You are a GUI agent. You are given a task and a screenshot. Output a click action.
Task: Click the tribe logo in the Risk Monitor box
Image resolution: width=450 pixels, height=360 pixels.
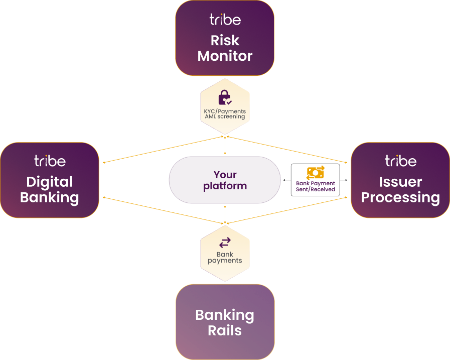[x=225, y=20]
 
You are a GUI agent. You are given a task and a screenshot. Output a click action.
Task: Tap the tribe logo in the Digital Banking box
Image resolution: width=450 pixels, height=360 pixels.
[x=50, y=161]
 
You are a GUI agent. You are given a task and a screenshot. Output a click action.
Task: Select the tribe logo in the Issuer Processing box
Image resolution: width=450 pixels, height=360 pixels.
[x=400, y=161]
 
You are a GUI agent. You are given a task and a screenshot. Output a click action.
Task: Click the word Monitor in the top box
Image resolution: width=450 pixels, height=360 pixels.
[x=225, y=56]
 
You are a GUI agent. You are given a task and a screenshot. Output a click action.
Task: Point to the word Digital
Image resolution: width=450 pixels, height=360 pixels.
[x=50, y=182]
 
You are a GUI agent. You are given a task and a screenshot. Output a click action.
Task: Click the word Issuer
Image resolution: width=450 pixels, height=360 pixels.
[x=400, y=182]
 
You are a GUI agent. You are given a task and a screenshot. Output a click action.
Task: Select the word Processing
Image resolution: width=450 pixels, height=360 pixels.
[x=400, y=197]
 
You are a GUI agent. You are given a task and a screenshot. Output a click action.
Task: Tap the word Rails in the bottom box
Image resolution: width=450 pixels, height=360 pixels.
[x=225, y=331]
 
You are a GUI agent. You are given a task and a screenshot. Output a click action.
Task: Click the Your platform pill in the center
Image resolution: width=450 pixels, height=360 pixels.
[x=225, y=180]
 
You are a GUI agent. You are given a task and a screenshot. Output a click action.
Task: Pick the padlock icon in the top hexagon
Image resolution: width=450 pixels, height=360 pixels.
[x=224, y=97]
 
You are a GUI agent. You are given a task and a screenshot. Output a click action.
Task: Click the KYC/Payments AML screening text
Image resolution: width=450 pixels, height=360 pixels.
[x=225, y=113]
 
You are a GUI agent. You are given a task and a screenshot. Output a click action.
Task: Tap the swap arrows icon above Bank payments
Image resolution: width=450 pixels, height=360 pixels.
[x=225, y=243]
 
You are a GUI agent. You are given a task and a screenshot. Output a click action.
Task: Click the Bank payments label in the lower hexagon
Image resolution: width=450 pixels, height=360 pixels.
[x=225, y=258]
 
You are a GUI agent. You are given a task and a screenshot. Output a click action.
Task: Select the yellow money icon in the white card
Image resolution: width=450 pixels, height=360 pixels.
[x=315, y=172]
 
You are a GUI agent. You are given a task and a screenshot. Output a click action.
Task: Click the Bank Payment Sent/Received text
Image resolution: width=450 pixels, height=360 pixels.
[x=315, y=186]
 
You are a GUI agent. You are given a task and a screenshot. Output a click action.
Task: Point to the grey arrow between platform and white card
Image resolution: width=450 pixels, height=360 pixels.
[x=286, y=180]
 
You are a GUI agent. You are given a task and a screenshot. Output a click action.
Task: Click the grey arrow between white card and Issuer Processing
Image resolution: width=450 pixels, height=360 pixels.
[x=344, y=180]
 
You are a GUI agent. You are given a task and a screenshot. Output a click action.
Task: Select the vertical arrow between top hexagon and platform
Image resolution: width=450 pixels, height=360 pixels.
[x=225, y=146]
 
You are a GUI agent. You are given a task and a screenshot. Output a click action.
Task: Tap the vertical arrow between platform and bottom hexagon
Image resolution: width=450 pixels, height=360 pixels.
[x=225, y=214]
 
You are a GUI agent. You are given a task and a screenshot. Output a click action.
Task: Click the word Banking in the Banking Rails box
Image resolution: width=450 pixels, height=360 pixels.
[x=225, y=315]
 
